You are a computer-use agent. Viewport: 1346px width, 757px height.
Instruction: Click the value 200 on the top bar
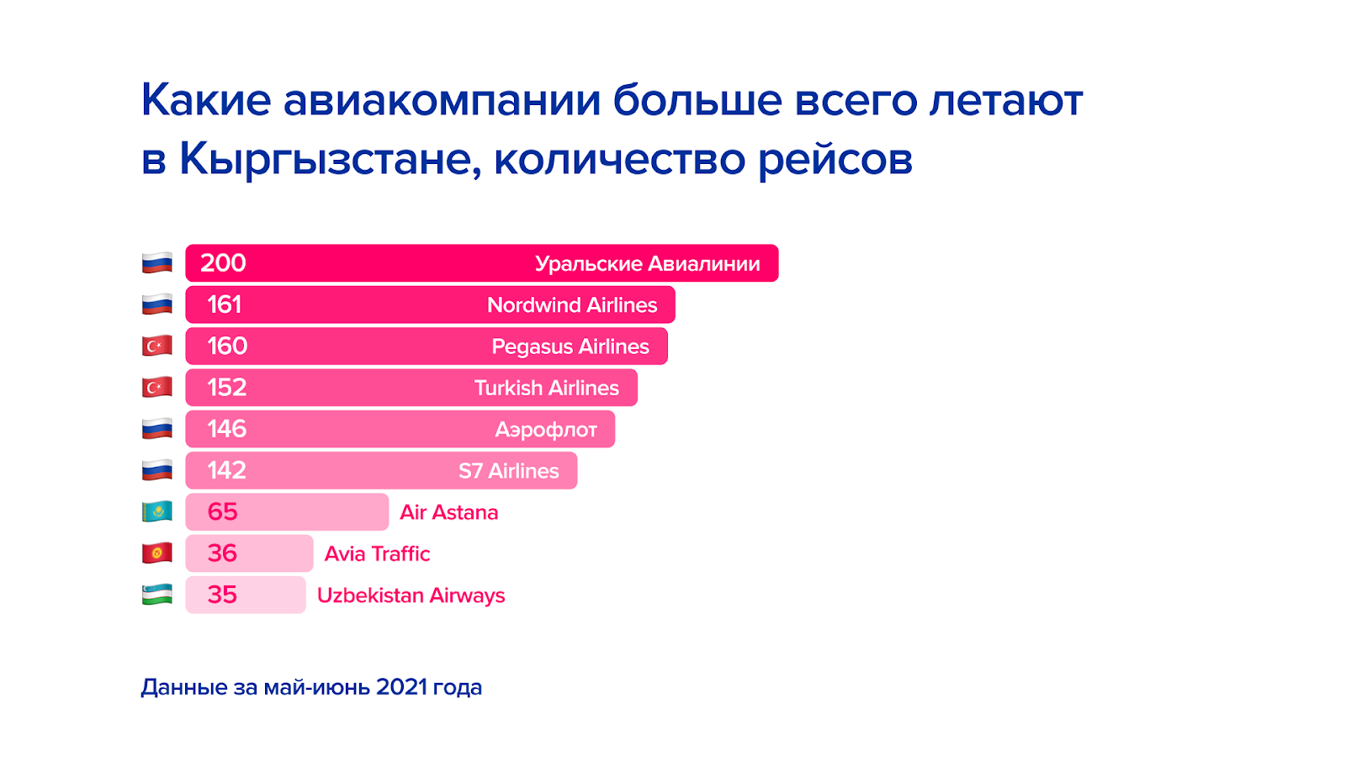pyautogui.click(x=223, y=263)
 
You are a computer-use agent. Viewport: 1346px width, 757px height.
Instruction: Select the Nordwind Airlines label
pyautogui.click(x=572, y=305)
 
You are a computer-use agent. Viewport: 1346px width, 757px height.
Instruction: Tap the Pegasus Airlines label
pyautogui.click(x=570, y=347)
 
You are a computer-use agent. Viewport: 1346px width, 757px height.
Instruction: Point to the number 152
pyautogui.click(x=226, y=388)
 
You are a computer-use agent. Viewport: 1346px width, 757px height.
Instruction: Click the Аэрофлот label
pyautogui.click(x=546, y=430)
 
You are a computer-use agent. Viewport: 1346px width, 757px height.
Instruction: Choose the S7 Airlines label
pyautogui.click(x=508, y=471)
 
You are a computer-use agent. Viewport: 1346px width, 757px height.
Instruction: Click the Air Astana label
pyautogui.click(x=449, y=512)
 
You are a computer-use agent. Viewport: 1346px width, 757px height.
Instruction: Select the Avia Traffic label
pyautogui.click(x=378, y=554)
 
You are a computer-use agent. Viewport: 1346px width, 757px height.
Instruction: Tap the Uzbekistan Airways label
pyautogui.click(x=411, y=596)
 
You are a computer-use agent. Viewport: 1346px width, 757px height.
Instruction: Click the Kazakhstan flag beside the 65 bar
pyautogui.click(x=156, y=512)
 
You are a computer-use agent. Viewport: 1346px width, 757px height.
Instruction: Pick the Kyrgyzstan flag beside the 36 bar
pyautogui.click(x=156, y=553)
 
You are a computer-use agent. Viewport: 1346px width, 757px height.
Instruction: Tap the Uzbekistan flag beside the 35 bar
pyautogui.click(x=156, y=595)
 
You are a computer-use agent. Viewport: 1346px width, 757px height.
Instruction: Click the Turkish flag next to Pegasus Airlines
pyautogui.click(x=156, y=346)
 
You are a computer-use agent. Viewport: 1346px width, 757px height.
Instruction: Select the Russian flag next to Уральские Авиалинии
pyautogui.click(x=156, y=263)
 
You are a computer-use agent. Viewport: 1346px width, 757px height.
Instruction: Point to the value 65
pyautogui.click(x=222, y=512)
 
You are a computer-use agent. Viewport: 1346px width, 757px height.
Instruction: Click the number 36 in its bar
pyautogui.click(x=222, y=553)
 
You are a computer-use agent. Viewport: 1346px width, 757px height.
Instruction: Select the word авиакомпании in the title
pyautogui.click(x=442, y=100)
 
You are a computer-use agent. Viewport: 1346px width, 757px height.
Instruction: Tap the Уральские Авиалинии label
pyautogui.click(x=647, y=264)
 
